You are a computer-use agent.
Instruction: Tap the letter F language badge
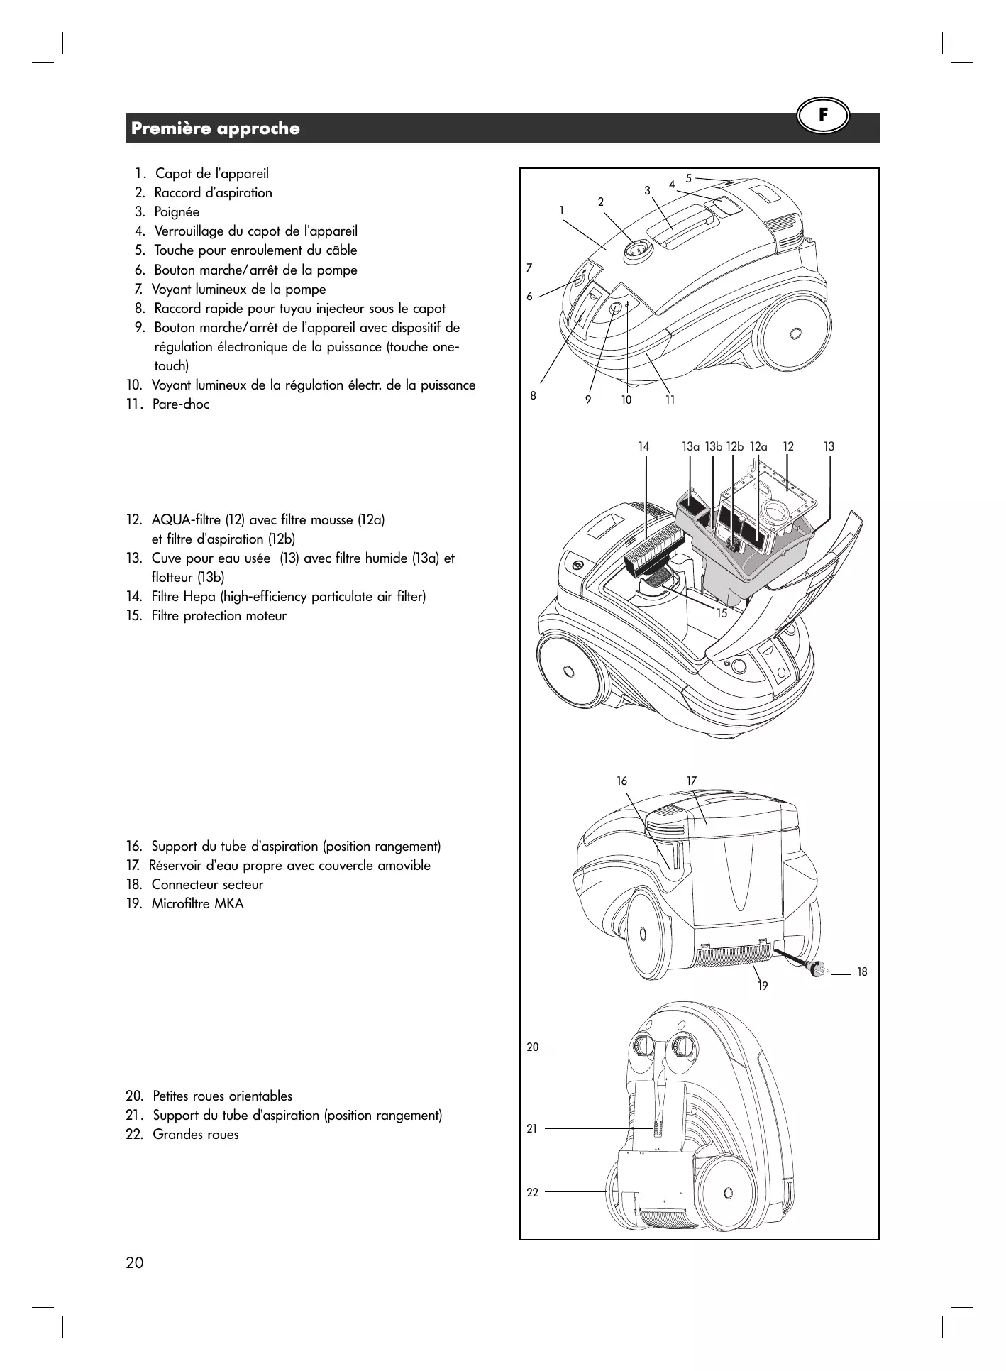tap(823, 116)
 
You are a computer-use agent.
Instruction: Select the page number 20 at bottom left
tap(134, 1262)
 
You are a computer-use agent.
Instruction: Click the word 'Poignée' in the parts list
tap(177, 212)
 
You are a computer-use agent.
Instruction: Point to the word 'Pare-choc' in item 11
tap(181, 404)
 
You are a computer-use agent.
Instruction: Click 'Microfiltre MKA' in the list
tap(197, 904)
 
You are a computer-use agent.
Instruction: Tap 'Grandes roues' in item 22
tap(196, 1134)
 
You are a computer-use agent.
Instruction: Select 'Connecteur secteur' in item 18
tap(207, 885)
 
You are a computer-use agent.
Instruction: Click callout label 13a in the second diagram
tap(690, 447)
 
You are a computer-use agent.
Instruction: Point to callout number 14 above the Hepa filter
tap(643, 447)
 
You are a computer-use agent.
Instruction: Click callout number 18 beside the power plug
tap(862, 972)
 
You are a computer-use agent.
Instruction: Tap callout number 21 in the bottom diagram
tap(532, 1128)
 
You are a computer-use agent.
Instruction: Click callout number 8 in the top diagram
tap(534, 396)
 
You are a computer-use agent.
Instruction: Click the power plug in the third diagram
tap(817, 967)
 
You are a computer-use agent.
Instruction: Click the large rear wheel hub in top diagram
tap(795, 332)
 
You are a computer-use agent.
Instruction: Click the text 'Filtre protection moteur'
tap(219, 616)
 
